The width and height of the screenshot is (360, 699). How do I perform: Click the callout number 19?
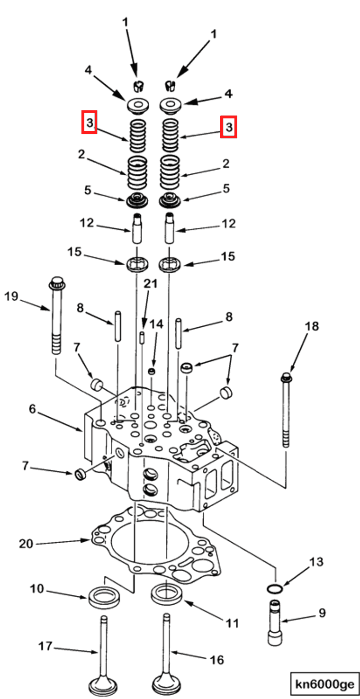coord(11,297)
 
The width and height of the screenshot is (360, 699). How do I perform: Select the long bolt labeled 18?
coord(285,412)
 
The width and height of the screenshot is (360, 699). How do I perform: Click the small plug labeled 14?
coord(152,371)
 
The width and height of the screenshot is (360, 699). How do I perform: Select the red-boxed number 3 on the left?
coord(90,123)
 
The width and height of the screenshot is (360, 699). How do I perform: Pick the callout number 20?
coord(26,544)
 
